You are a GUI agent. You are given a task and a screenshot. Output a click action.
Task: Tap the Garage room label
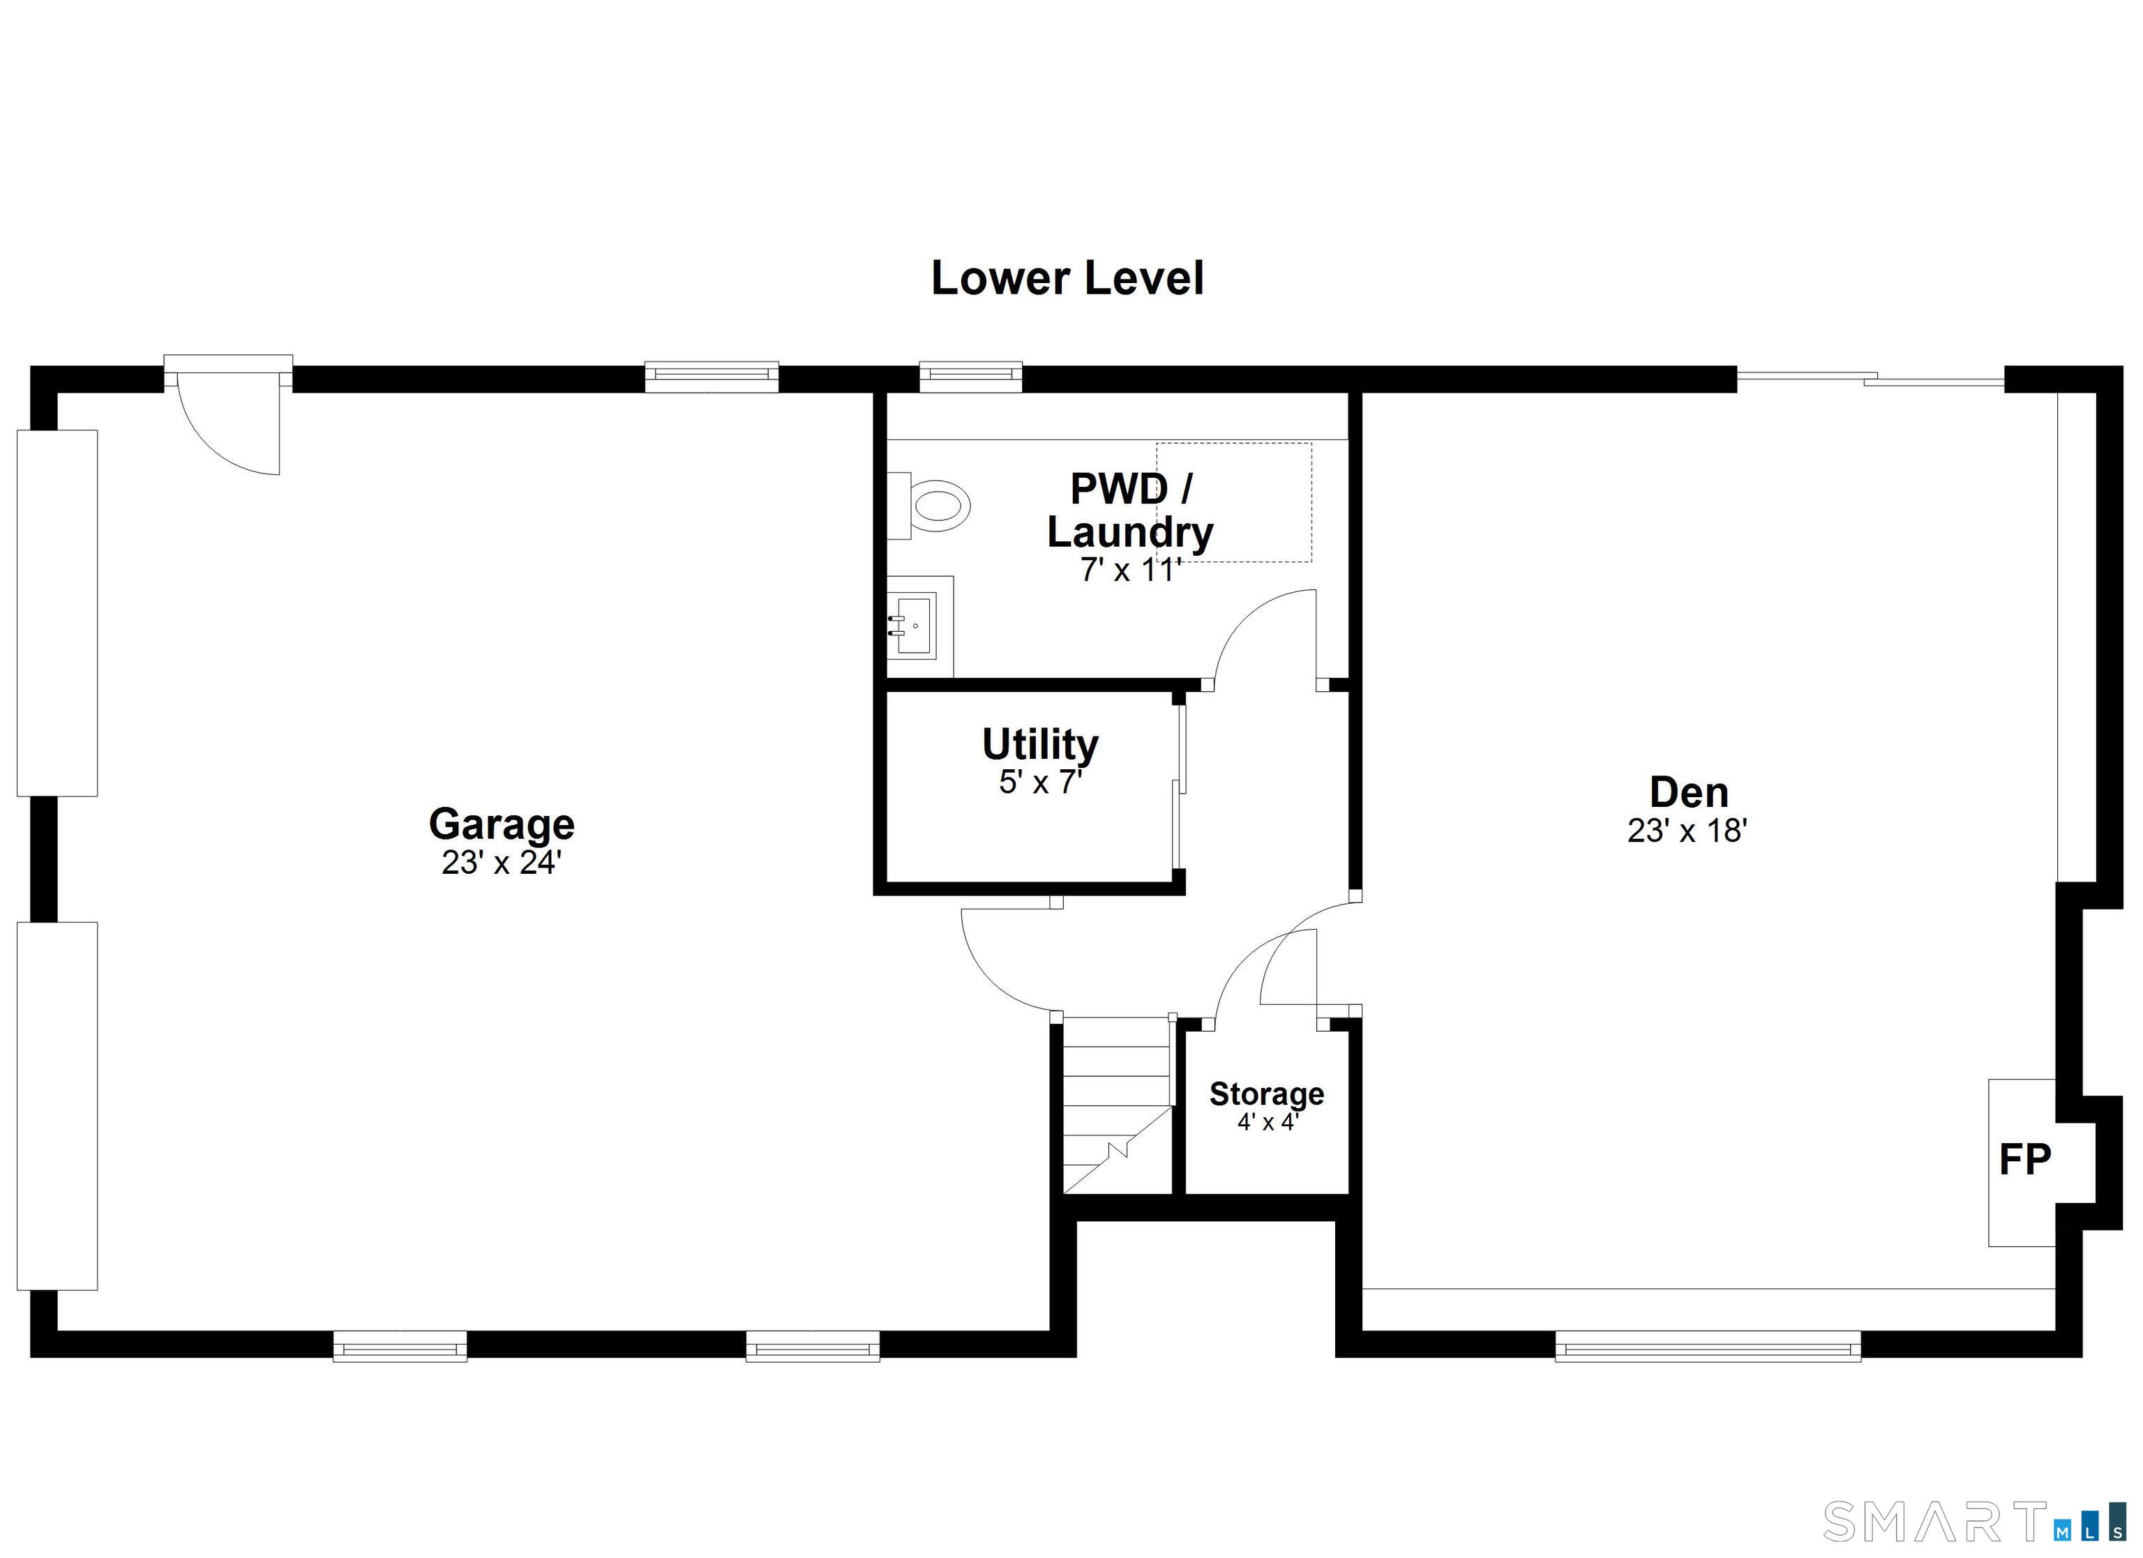[x=502, y=824]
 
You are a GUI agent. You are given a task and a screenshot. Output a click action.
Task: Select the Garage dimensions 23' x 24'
[x=502, y=863]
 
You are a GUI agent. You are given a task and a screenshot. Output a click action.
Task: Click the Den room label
[x=1687, y=792]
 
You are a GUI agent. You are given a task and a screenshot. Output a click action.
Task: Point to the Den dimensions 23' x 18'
[x=1687, y=831]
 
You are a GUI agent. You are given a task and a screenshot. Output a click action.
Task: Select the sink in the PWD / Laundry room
[x=915, y=624]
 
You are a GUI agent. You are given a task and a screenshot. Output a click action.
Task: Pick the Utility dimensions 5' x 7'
[x=1040, y=782]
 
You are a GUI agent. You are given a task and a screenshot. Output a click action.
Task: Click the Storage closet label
[x=1266, y=1094]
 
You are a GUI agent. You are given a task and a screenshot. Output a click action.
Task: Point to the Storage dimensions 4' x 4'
[x=1267, y=1121]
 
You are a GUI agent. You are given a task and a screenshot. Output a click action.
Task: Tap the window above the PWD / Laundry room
[x=970, y=376]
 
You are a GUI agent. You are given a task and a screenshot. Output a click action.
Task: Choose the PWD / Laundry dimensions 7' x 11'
[x=1130, y=570]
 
